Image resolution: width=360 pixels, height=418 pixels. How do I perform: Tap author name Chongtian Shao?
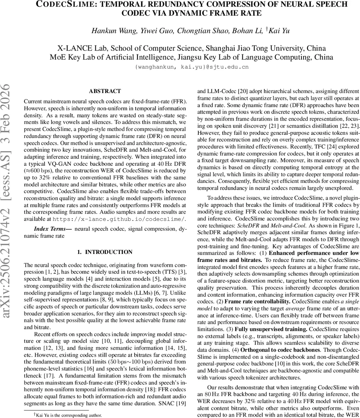tap(199, 30)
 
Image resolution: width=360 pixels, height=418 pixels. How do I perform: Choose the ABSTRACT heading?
tap(105, 91)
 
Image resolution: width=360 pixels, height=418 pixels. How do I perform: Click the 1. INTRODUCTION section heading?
tap(105, 252)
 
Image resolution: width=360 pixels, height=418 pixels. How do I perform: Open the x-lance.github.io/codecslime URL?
tap(119, 219)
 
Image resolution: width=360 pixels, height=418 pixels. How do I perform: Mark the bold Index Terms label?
tap(53, 229)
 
